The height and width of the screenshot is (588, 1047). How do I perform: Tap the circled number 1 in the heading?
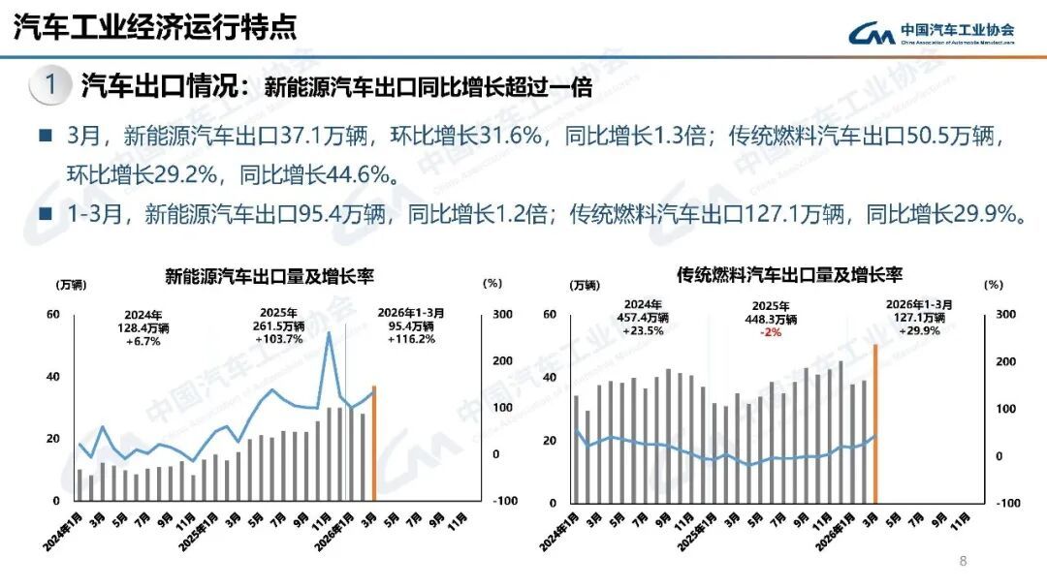tap(49, 85)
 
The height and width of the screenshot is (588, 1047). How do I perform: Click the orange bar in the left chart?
tap(373, 443)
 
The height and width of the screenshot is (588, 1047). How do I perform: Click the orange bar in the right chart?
tap(875, 422)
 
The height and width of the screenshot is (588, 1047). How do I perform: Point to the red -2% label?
tap(772, 332)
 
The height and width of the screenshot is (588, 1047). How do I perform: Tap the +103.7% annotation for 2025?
tap(279, 340)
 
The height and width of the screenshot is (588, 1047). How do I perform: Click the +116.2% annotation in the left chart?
tap(412, 340)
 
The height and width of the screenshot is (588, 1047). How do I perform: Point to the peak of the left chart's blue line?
tap(329, 333)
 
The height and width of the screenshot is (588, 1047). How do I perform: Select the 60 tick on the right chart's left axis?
tap(550, 314)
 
